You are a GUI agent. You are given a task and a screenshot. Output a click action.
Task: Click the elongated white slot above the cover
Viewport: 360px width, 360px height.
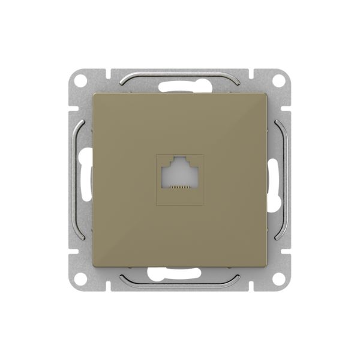click(x=180, y=85)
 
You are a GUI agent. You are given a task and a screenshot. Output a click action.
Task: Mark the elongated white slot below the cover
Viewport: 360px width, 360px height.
click(x=180, y=275)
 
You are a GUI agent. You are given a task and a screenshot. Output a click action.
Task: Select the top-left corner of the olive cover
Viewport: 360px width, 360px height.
click(x=94, y=94)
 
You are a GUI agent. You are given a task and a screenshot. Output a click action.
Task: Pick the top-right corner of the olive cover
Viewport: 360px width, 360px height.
click(x=266, y=94)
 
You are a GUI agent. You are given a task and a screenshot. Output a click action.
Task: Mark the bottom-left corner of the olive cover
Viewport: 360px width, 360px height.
click(x=94, y=266)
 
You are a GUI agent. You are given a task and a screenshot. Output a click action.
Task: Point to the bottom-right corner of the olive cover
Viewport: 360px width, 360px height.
click(x=266, y=266)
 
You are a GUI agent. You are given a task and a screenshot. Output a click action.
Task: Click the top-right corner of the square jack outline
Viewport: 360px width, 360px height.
click(x=203, y=155)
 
